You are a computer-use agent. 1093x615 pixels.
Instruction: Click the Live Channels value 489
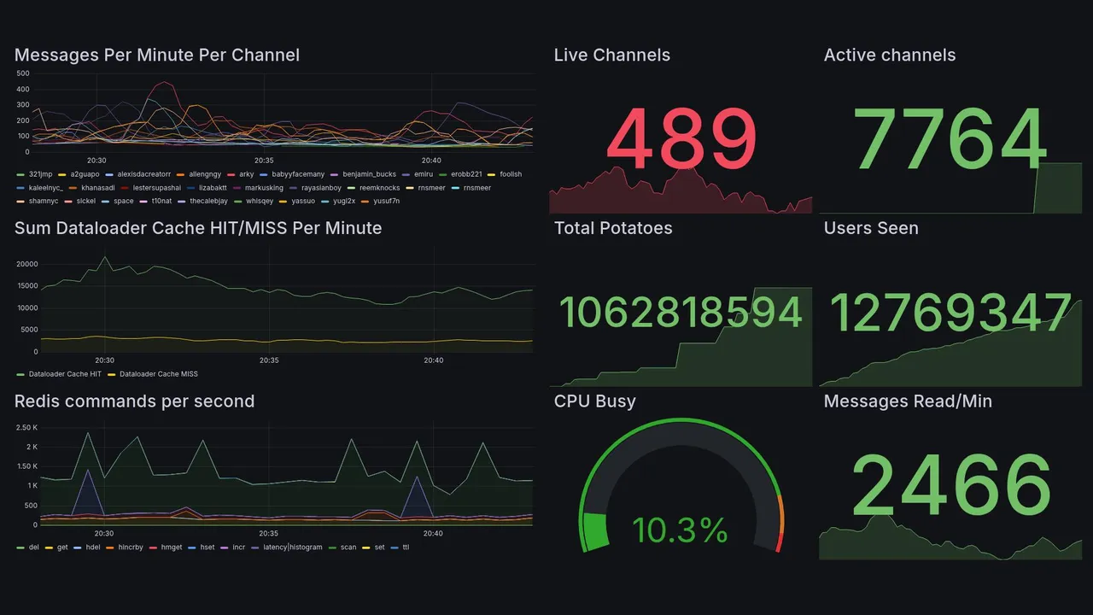tap(681, 139)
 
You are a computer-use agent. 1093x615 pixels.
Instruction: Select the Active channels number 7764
tap(950, 139)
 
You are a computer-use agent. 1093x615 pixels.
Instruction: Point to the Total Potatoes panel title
tap(613, 228)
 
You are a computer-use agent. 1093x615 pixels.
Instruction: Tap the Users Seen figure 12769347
tap(950, 313)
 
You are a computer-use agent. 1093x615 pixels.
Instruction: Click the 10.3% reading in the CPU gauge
tap(680, 530)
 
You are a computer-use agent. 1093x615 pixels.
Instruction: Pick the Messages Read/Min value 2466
tap(950, 485)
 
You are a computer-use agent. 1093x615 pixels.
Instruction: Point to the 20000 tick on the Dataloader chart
tap(27, 264)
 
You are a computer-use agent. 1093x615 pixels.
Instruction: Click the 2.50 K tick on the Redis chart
tap(26, 427)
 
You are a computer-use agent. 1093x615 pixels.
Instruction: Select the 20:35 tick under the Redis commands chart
tap(269, 534)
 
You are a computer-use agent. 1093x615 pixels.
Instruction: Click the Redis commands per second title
tap(134, 401)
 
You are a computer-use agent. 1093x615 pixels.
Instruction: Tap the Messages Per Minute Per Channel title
tap(157, 56)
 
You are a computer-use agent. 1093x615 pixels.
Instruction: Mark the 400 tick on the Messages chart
tap(22, 90)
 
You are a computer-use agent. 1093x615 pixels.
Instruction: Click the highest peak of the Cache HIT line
tap(104, 256)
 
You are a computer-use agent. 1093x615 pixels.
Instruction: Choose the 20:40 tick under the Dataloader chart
tap(433, 360)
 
